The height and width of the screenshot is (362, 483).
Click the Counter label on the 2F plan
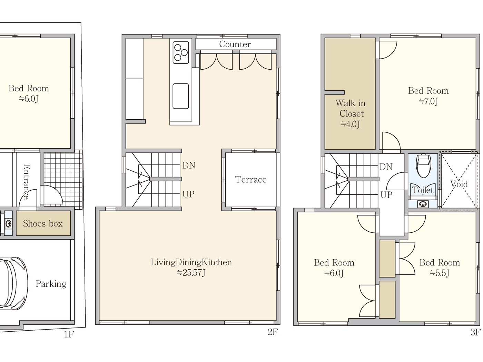click(235, 44)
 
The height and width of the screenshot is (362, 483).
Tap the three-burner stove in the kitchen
click(181, 52)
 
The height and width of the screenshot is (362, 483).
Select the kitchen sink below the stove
click(181, 96)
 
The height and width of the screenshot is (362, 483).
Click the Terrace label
click(251, 180)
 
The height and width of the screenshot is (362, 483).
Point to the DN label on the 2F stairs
click(189, 165)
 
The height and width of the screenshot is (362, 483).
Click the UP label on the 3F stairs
click(386, 195)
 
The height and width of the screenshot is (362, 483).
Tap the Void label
click(459, 184)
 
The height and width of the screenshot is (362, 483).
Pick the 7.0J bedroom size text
click(428, 101)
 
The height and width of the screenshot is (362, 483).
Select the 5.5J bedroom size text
click(440, 273)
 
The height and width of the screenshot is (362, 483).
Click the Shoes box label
click(43, 224)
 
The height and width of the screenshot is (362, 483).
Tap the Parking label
click(51, 284)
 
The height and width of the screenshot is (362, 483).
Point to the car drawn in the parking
click(12, 282)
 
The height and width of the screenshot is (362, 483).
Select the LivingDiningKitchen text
click(191, 262)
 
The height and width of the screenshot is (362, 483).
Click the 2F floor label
click(273, 332)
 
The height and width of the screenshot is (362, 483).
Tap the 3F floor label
click(475, 332)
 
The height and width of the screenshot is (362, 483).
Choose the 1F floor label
click(69, 334)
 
